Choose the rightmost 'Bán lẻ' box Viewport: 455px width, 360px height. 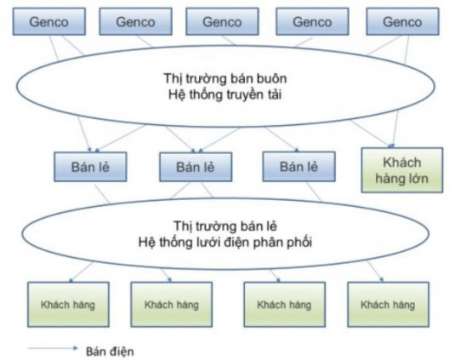coord(293,167)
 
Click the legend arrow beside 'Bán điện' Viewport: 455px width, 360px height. coord(49,349)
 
